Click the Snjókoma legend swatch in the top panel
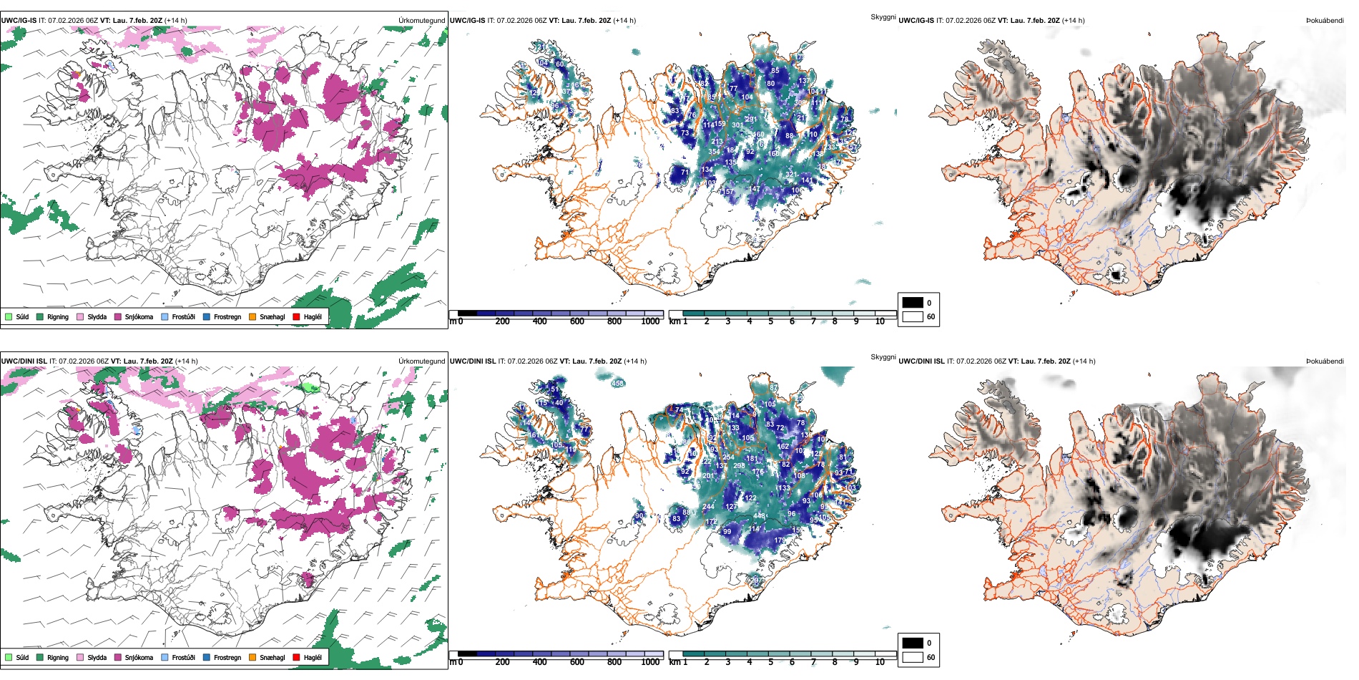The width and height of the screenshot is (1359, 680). [x=118, y=316]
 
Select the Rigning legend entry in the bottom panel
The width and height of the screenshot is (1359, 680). [x=40, y=657]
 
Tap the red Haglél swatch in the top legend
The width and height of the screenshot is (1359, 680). [x=296, y=316]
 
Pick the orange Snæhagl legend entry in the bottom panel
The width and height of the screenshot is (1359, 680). [x=252, y=657]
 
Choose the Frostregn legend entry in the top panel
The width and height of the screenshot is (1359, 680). [x=207, y=316]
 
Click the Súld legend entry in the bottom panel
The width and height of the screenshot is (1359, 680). [x=9, y=657]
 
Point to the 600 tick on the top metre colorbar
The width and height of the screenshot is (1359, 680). [x=577, y=321]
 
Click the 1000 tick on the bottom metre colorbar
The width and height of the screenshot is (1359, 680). [x=650, y=662]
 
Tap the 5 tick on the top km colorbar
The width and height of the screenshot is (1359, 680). [x=770, y=321]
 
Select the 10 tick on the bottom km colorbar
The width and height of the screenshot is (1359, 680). [x=880, y=662]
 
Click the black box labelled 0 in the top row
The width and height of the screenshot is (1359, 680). [x=913, y=303]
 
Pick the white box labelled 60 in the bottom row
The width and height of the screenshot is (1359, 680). [x=913, y=657]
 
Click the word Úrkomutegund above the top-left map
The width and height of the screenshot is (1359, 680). [x=421, y=21]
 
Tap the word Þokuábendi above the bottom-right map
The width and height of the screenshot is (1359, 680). [x=1325, y=361]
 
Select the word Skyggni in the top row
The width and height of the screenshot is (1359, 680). [x=883, y=16]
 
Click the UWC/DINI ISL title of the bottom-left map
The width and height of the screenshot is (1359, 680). [x=24, y=361]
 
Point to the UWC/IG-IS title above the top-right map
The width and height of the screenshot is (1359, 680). [x=916, y=21]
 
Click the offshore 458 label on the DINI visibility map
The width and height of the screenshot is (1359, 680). [x=617, y=384]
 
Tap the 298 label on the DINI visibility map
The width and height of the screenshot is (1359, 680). [x=739, y=465]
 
